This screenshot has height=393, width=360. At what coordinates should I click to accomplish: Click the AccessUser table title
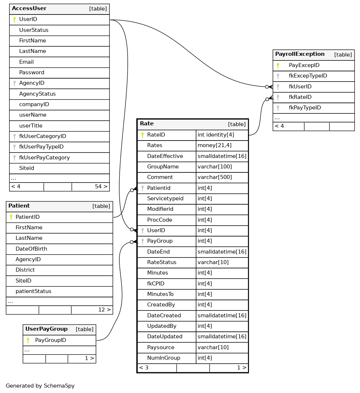[x=29, y=9]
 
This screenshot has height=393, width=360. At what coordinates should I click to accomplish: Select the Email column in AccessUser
[x=26, y=62]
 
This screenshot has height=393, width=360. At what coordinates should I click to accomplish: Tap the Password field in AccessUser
[x=32, y=72]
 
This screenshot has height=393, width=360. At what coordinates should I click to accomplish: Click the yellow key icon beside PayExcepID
[x=278, y=66]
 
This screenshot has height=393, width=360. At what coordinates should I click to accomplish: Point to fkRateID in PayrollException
[x=300, y=97]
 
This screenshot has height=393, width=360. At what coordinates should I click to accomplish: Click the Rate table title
[x=147, y=124]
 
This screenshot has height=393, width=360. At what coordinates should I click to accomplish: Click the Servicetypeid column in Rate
[x=165, y=198]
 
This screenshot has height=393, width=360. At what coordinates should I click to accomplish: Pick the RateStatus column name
[x=162, y=262]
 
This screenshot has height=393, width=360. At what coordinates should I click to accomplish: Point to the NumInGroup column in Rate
[x=164, y=358]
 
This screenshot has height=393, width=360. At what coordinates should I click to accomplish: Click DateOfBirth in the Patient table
[x=31, y=249]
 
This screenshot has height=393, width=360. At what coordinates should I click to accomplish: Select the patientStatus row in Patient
[x=33, y=291]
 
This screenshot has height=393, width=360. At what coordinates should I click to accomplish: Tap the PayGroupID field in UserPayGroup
[x=50, y=340]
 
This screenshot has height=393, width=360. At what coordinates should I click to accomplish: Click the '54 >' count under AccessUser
[x=101, y=187]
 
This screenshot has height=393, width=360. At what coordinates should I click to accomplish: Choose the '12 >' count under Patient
[x=104, y=310]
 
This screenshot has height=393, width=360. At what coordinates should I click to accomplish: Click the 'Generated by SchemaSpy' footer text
[x=40, y=386]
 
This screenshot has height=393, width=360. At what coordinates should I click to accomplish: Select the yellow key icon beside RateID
[x=142, y=135]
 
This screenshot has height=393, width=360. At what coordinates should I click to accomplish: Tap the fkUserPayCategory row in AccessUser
[x=44, y=158]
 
